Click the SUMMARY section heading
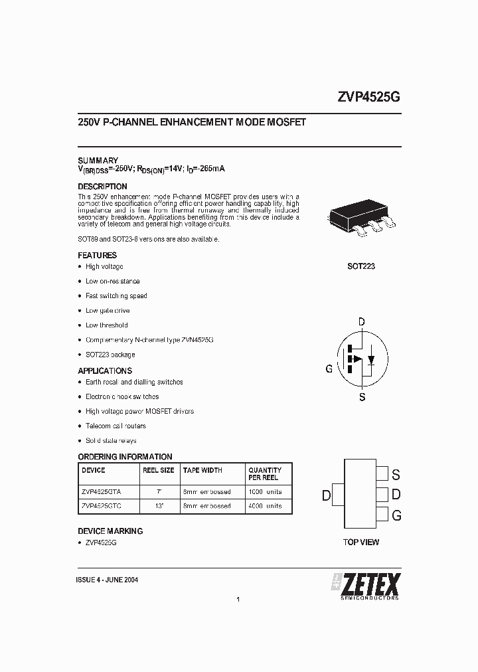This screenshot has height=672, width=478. [x=98, y=161]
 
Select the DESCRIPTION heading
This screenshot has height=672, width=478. [x=102, y=187]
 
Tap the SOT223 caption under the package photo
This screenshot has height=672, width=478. [x=360, y=266]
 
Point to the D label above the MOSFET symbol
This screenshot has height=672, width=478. [x=361, y=323]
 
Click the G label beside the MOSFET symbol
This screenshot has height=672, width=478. [x=329, y=369]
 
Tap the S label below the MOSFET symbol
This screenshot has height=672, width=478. [x=362, y=397]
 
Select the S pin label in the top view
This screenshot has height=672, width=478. [x=396, y=474]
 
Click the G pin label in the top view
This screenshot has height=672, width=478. [x=396, y=515]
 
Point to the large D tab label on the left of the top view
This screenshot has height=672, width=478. [x=326, y=495]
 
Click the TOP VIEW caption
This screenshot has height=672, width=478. [x=360, y=543]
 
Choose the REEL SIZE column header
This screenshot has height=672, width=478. [x=158, y=470]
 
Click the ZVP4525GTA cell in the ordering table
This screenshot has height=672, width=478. [x=101, y=491]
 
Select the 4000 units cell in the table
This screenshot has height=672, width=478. [x=264, y=506]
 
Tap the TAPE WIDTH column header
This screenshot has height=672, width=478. [x=202, y=470]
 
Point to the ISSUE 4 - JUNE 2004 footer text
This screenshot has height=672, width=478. [x=108, y=580]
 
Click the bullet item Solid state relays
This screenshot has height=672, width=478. [x=111, y=441]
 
